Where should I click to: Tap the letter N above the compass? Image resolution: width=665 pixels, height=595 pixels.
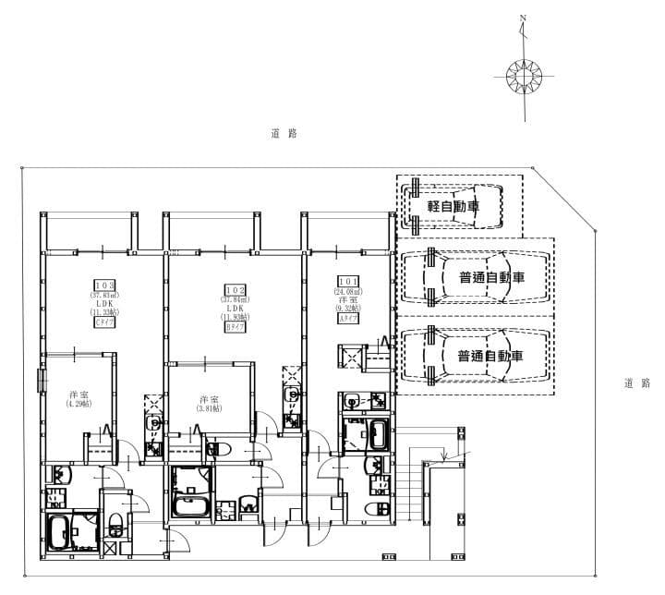pyautogui.click(x=523, y=18)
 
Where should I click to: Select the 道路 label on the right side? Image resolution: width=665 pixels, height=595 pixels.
pyautogui.click(x=636, y=382)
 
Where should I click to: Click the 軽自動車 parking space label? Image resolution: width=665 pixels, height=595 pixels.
pyautogui.click(x=453, y=206)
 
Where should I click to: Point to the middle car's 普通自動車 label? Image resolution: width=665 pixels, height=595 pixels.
pyautogui.click(x=490, y=276)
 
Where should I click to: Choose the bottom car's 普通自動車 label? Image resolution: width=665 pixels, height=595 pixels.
pyautogui.click(x=490, y=356)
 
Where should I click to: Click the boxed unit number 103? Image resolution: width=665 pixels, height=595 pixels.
pyautogui.click(x=104, y=285)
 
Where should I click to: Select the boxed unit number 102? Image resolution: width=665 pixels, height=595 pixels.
pyautogui.click(x=233, y=289)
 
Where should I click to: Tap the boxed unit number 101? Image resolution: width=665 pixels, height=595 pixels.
pyautogui.click(x=348, y=282)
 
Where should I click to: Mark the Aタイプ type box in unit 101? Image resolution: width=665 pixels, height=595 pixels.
pyautogui.click(x=348, y=319)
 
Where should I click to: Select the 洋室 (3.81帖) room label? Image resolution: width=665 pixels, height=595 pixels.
pyautogui.click(x=209, y=404)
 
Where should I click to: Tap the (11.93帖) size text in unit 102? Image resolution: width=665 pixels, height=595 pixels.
pyautogui.click(x=233, y=317)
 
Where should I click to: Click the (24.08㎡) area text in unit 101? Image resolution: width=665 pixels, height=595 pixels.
pyautogui.click(x=348, y=291)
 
